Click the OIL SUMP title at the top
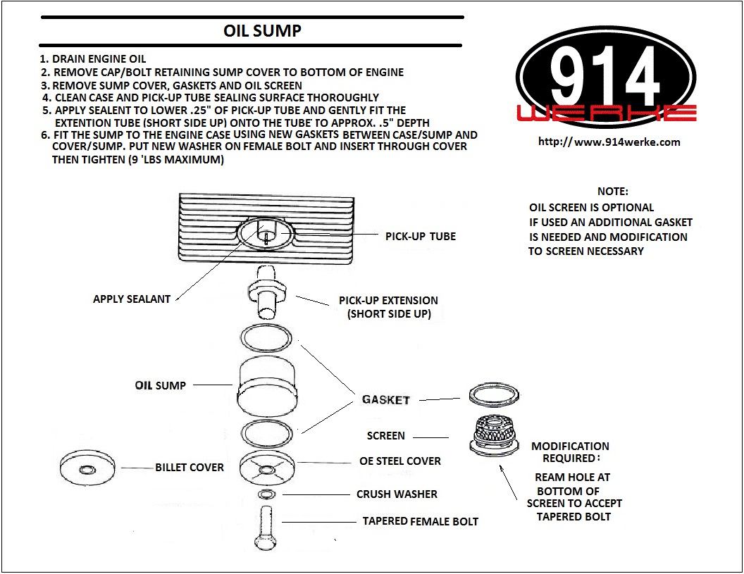point(262,31)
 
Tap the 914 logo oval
point(606,77)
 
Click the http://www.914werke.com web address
point(609,142)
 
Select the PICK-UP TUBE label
point(420,237)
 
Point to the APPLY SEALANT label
point(132,299)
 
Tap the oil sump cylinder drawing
point(266,385)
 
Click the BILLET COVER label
point(190,467)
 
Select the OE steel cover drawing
point(266,466)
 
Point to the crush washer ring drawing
point(266,494)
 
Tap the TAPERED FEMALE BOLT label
point(420,522)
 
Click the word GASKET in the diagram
point(385,400)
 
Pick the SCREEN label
point(386,436)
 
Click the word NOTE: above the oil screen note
point(612,192)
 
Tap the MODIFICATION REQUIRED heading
point(570,452)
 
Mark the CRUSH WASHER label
point(397,494)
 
